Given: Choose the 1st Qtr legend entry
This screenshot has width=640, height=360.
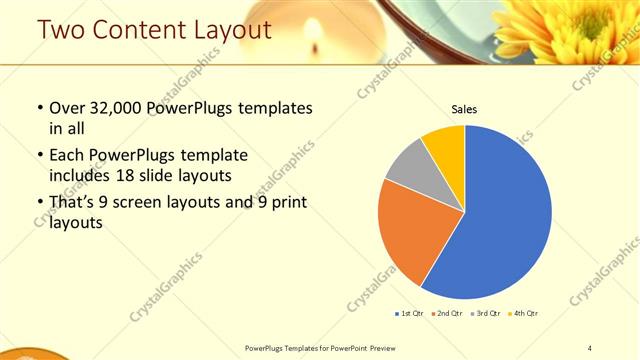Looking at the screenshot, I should pyautogui.click(x=408, y=313).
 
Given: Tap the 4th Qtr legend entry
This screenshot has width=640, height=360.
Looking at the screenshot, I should pyautogui.click(x=523, y=313).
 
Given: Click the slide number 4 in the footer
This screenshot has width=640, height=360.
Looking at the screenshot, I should pyautogui.click(x=590, y=347).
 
